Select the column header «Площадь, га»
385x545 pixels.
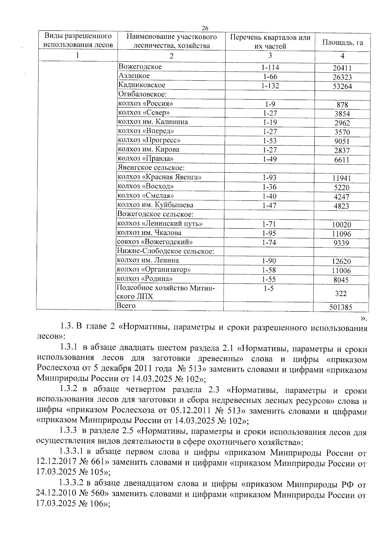point(342,42)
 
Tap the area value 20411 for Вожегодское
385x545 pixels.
point(342,68)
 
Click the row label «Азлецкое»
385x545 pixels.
point(134,76)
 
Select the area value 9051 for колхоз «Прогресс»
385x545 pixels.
point(342,142)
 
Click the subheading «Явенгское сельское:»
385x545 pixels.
point(151,168)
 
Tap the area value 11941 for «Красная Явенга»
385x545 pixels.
point(341,179)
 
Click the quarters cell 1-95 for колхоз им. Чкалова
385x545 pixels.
point(269,233)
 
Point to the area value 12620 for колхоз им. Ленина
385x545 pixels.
point(341,261)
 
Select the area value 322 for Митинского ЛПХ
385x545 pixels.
point(341,294)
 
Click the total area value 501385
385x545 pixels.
point(341,307)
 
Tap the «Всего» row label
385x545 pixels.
point(126,306)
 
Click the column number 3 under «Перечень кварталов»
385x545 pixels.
point(270,55)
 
